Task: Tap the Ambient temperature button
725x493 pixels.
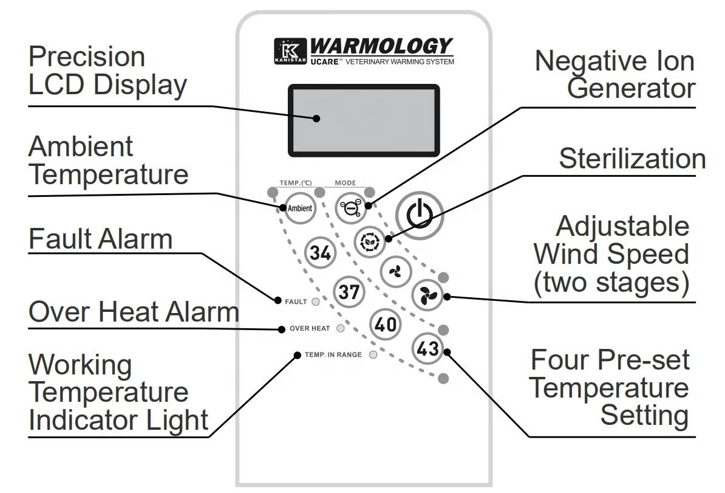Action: (x=299, y=209)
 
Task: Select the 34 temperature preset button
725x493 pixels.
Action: (x=320, y=252)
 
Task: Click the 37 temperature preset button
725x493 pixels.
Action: (x=349, y=292)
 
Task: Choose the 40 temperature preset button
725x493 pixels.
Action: (x=385, y=325)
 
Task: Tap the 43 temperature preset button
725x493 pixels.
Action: (x=428, y=348)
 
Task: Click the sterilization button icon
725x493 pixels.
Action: (x=369, y=240)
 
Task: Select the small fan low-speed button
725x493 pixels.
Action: (x=395, y=272)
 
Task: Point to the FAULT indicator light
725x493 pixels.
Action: (x=316, y=302)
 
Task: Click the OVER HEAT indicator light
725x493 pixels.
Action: (x=341, y=328)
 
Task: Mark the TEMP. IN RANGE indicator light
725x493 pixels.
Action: (x=373, y=354)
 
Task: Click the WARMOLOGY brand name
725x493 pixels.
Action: (x=382, y=46)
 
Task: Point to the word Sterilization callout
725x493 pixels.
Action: (x=632, y=159)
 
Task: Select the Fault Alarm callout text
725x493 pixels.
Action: (x=100, y=238)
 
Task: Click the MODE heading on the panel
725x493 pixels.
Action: (x=345, y=183)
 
